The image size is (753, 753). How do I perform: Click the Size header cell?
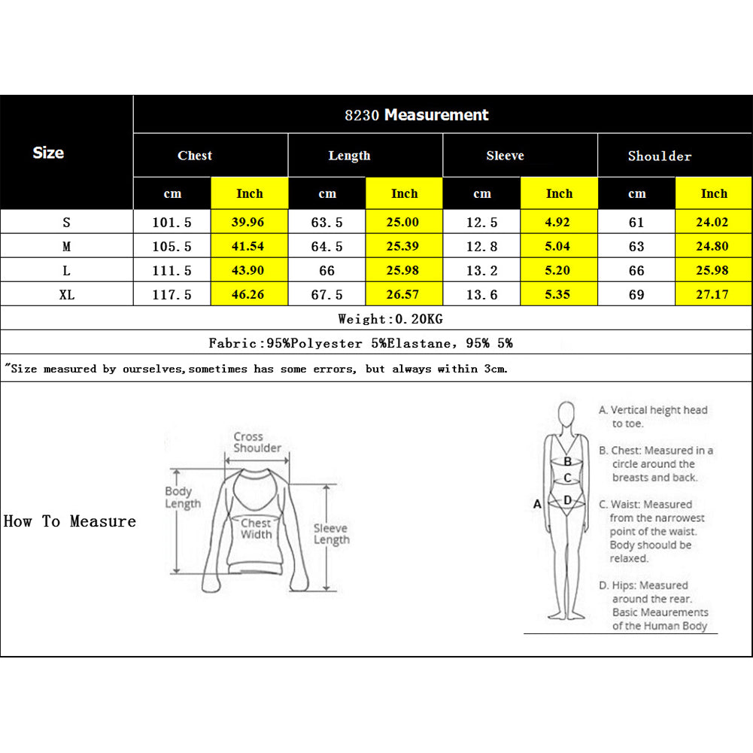pos(48,153)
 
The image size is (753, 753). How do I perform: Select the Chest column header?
pos(195,156)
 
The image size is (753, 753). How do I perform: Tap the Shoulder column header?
pos(659,156)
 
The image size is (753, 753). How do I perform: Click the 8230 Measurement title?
pos(417,115)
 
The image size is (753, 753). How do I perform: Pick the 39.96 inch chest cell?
pos(249,223)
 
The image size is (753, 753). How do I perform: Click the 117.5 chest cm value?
pos(172,295)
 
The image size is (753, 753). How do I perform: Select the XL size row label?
pos(66,295)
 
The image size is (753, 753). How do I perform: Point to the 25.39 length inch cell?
pos(404,247)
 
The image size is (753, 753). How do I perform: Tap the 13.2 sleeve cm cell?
pos(482,271)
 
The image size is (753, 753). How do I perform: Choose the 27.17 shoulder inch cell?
pos(712,295)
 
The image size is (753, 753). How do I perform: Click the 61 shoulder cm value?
pos(636,223)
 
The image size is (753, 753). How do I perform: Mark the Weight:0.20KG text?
pos(390,319)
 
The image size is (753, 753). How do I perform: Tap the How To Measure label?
pos(70,521)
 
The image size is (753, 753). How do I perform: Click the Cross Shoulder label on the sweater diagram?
pos(257,442)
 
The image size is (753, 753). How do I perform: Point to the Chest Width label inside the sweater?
pos(256,528)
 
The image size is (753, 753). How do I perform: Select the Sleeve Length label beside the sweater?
pos(331,534)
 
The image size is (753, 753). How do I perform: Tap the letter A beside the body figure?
pos(537,504)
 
